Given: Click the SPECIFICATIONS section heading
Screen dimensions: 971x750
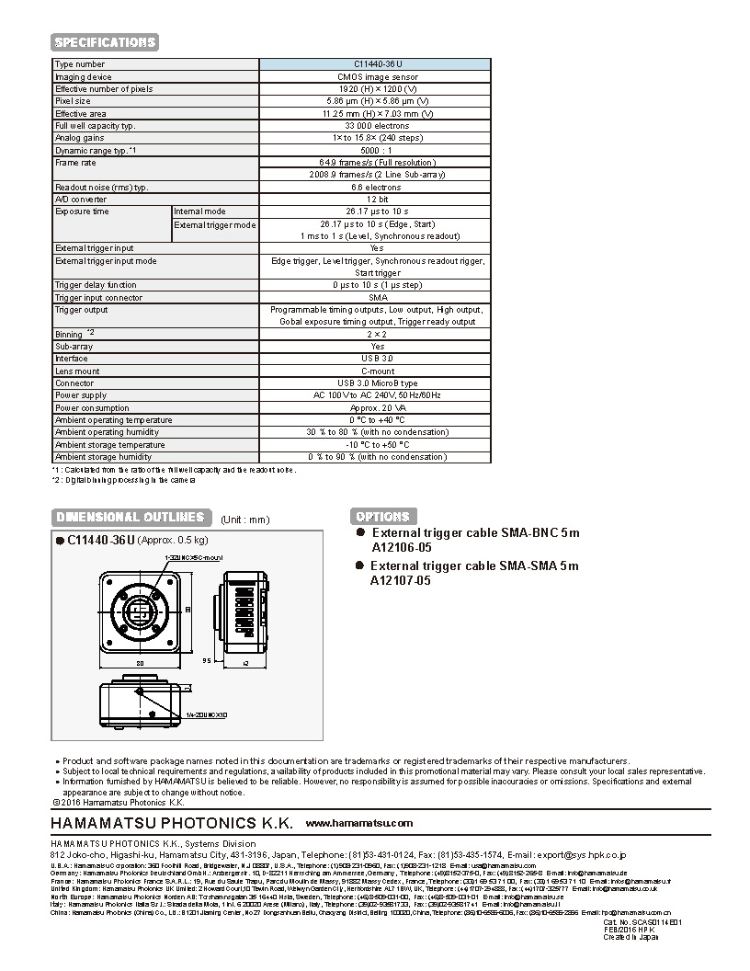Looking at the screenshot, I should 105,42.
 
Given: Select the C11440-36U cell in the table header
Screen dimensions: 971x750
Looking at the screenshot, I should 375,64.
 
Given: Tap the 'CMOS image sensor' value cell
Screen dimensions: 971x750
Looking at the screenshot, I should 375,77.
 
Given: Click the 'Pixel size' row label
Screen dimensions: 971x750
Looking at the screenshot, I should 74,101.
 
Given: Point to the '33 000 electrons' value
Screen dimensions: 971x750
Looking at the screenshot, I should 375,126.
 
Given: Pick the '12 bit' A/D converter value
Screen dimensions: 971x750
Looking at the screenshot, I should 375,200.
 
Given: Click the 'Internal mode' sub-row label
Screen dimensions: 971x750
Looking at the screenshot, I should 199,211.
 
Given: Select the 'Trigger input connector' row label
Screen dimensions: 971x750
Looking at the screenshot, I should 98,298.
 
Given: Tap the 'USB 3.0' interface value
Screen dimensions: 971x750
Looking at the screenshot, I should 375,359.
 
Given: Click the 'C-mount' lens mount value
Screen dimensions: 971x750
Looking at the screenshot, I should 375,371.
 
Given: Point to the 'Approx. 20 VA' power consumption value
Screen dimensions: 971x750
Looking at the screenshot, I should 375,407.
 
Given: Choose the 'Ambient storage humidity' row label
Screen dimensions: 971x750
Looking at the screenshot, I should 103,457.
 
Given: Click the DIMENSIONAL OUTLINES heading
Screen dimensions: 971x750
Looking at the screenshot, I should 131,517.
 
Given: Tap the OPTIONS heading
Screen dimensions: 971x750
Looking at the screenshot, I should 382,517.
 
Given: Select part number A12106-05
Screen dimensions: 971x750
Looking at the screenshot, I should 401,548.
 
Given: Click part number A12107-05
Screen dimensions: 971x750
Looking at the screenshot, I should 401,581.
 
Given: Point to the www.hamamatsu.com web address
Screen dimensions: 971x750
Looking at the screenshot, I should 358,823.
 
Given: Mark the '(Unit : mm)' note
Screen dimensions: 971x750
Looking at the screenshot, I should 245,520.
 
